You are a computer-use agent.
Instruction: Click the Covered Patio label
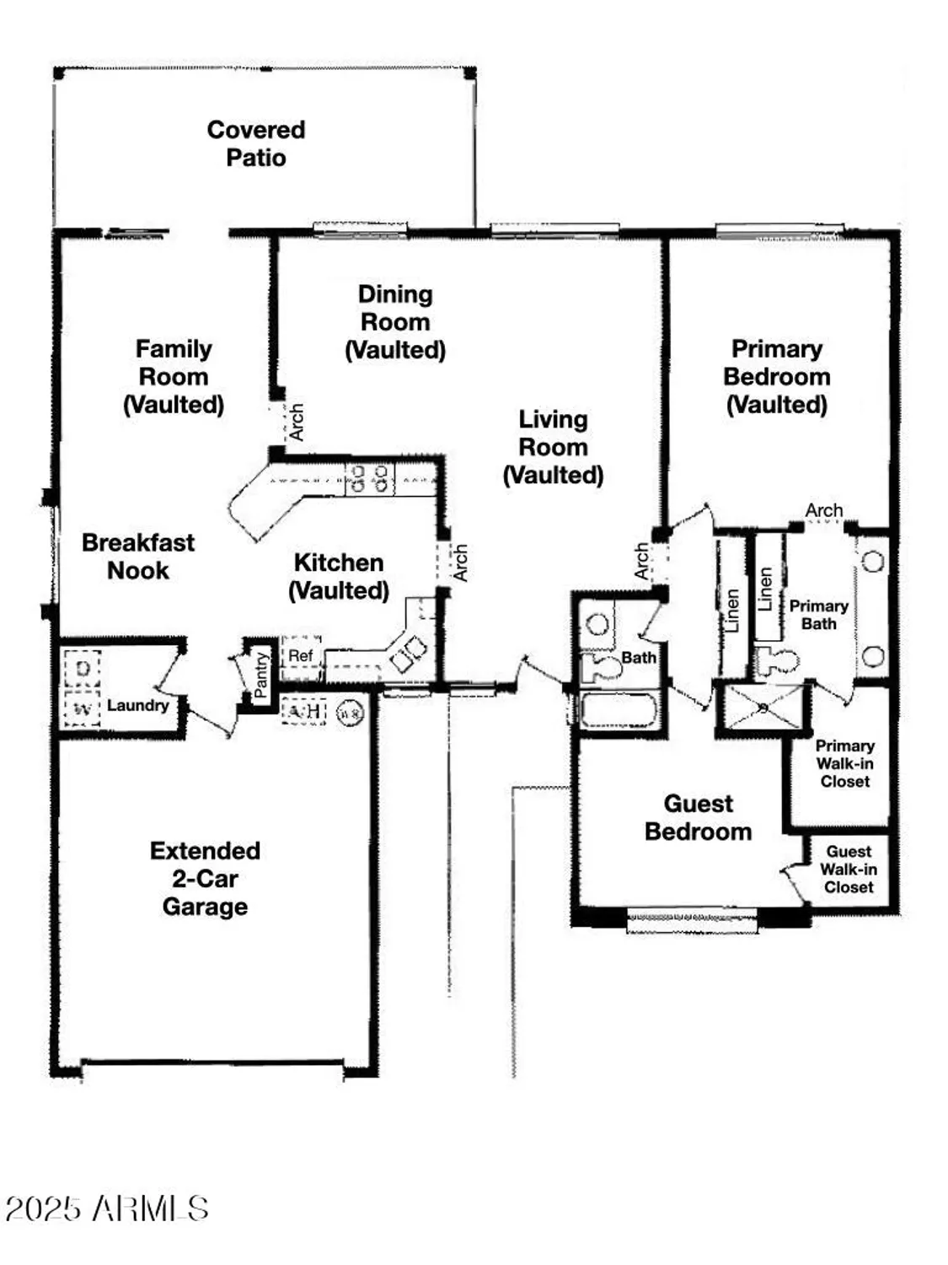256,143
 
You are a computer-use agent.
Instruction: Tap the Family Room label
174,376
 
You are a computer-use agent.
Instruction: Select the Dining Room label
395,321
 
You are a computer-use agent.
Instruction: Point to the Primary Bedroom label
776,376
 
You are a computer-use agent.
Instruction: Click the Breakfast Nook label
138,556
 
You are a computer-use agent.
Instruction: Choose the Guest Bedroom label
698,817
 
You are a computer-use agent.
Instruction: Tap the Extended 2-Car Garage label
205,878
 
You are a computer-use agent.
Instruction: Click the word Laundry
137,705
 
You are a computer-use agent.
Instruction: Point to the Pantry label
260,674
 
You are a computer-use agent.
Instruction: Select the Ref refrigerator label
300,655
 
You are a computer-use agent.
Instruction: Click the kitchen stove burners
370,479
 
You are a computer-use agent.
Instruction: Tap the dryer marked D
83,669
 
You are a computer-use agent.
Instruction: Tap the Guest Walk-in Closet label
849,869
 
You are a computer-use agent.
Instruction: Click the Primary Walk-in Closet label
844,763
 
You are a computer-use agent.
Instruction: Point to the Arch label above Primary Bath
823,510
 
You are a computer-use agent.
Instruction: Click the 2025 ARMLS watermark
107,1208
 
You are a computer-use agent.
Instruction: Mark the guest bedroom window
693,919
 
